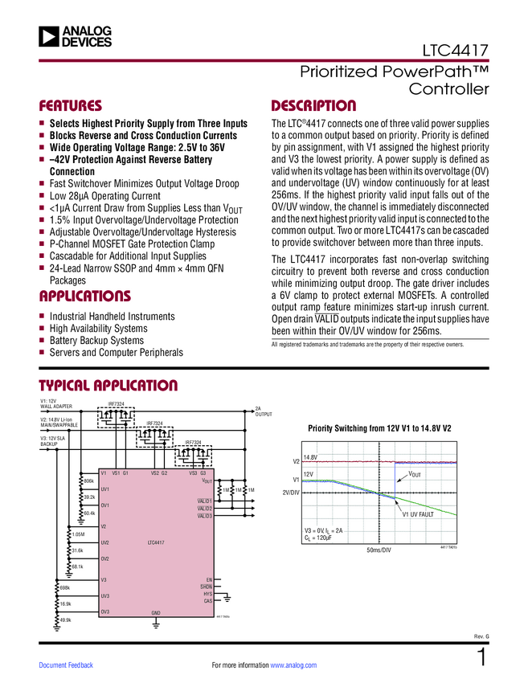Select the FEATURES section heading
(x=71, y=106)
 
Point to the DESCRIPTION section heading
(x=313, y=106)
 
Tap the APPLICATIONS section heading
(x=84, y=297)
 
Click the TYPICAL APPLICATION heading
(x=108, y=386)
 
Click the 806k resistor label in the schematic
(x=89, y=481)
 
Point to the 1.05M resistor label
(x=78, y=534)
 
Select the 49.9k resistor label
(x=66, y=620)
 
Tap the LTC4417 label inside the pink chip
(x=156, y=543)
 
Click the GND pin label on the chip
(x=156, y=613)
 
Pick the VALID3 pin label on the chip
(x=204, y=516)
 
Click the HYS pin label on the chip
(x=207, y=593)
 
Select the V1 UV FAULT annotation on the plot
(x=418, y=513)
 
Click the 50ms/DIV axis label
(x=379, y=550)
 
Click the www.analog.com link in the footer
(x=293, y=665)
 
